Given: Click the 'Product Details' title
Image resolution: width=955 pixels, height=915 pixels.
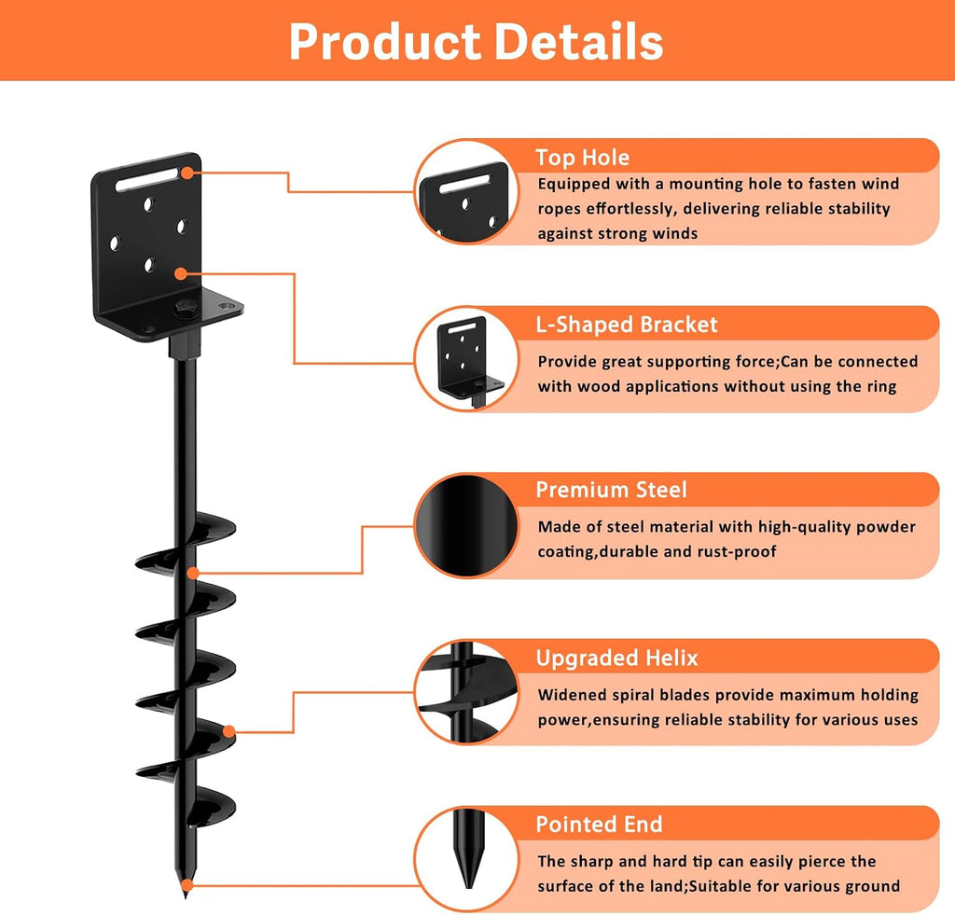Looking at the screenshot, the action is [477, 41].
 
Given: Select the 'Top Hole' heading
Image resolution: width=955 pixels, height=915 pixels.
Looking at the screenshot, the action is [582, 158].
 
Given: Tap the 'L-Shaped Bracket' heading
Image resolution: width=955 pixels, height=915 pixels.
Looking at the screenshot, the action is [627, 325].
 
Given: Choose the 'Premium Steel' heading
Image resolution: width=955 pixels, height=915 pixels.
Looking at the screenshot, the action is [611, 490].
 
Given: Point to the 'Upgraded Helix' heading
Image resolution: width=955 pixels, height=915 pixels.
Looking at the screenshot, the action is [616, 658].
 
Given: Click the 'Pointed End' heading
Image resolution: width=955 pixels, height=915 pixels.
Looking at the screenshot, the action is [599, 825].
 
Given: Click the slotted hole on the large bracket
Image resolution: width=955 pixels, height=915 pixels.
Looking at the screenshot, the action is [146, 180].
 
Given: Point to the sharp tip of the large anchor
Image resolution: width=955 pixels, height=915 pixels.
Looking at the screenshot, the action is [186, 896].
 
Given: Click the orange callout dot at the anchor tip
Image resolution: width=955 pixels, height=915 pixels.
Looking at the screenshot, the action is [188, 885].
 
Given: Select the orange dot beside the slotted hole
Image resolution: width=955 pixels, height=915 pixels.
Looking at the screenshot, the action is [187, 173].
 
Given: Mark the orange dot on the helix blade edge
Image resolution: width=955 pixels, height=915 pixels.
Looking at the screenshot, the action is [229, 731].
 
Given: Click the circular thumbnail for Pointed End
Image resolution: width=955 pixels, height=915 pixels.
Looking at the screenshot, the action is [466, 859].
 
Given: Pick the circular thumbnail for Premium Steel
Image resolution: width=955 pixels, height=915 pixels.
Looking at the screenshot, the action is [466, 526].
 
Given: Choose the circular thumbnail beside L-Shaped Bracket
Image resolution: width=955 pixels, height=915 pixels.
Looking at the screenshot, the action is [466, 359].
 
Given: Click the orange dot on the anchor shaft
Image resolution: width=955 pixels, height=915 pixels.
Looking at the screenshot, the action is [193, 574].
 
